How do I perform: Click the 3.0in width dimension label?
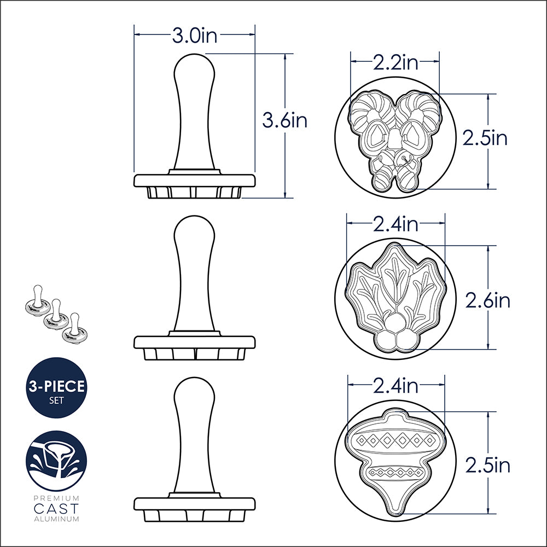[x=194, y=35]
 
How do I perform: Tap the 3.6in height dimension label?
[x=284, y=121]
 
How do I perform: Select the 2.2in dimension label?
[x=395, y=62]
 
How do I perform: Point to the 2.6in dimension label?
[x=488, y=300]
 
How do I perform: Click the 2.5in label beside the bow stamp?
[x=485, y=138]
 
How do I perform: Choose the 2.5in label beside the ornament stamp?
[x=488, y=465]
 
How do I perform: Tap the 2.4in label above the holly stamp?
[x=395, y=224]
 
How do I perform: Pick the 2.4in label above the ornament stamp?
[x=395, y=386]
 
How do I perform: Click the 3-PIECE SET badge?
[x=56, y=391]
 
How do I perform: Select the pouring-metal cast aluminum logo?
[x=56, y=461]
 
